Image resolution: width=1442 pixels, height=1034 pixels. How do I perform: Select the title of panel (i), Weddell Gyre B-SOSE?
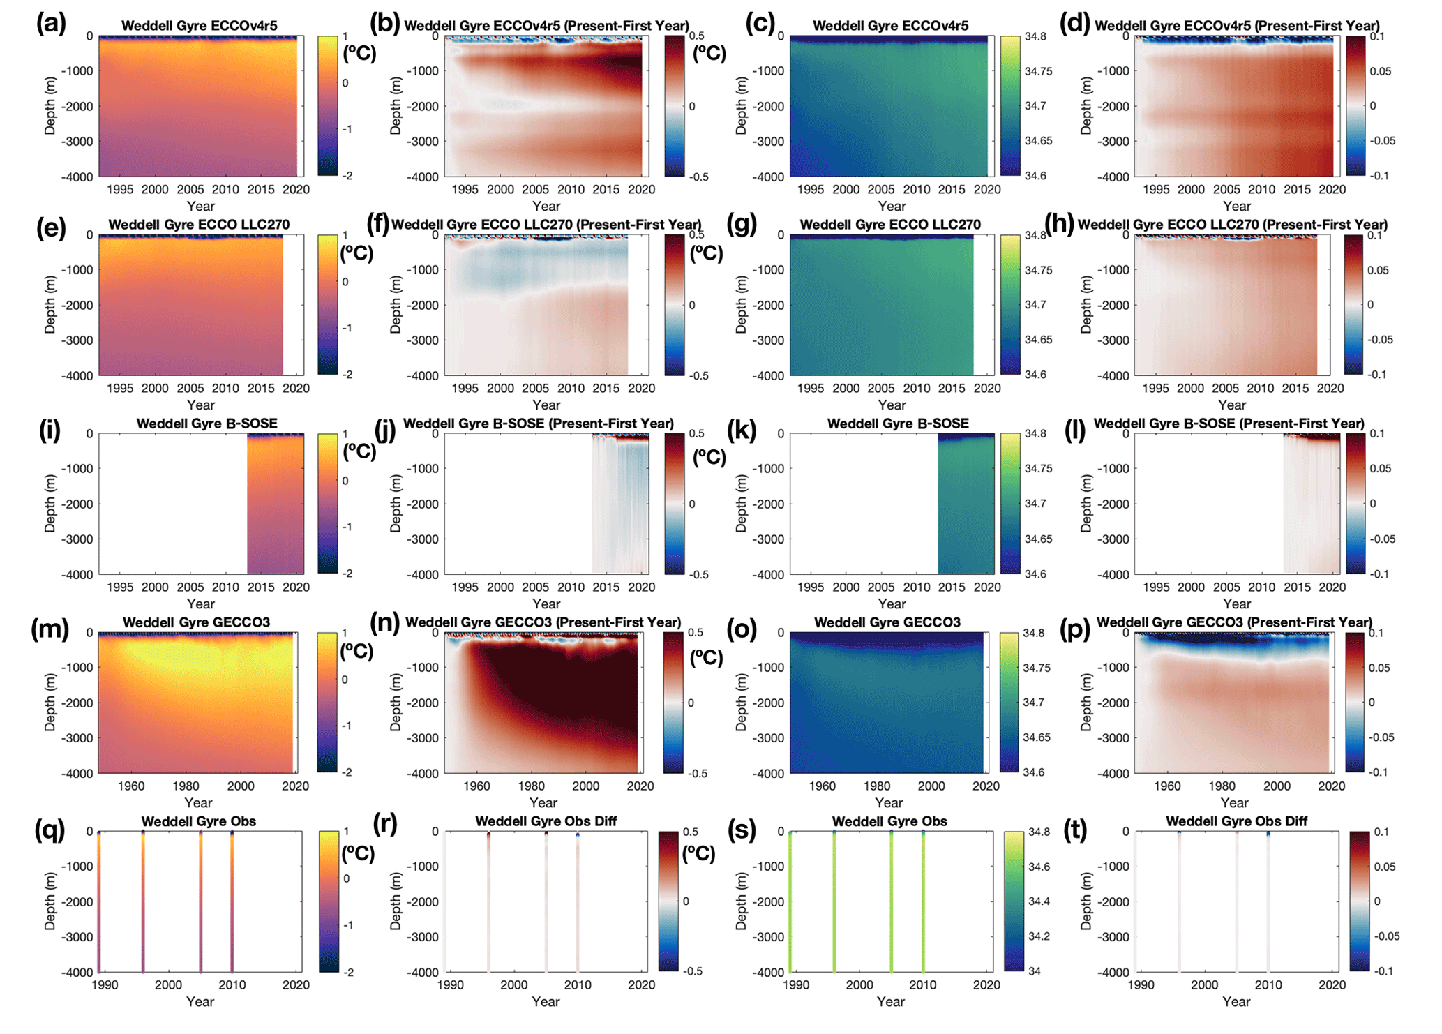(206, 424)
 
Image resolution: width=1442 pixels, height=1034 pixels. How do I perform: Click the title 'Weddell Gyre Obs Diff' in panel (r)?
(546, 821)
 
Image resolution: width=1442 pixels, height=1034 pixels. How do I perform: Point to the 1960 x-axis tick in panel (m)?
(131, 786)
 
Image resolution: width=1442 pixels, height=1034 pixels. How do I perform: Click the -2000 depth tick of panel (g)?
(769, 305)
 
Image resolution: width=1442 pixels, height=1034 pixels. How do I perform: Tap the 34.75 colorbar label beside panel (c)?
(1037, 71)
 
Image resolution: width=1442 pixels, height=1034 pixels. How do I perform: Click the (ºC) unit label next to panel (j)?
(709, 457)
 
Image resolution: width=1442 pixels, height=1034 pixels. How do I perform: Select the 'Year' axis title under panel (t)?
(1236, 1002)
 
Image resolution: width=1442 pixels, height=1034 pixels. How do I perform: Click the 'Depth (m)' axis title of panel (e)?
(50, 305)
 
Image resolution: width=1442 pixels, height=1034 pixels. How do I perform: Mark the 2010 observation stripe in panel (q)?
(232, 901)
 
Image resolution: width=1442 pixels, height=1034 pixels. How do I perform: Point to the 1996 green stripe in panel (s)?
(834, 901)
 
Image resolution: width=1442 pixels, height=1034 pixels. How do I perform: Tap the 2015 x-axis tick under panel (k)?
(952, 587)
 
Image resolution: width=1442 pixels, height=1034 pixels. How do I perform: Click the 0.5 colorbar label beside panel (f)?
(696, 235)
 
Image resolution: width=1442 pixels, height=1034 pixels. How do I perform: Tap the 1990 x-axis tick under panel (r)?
(451, 985)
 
